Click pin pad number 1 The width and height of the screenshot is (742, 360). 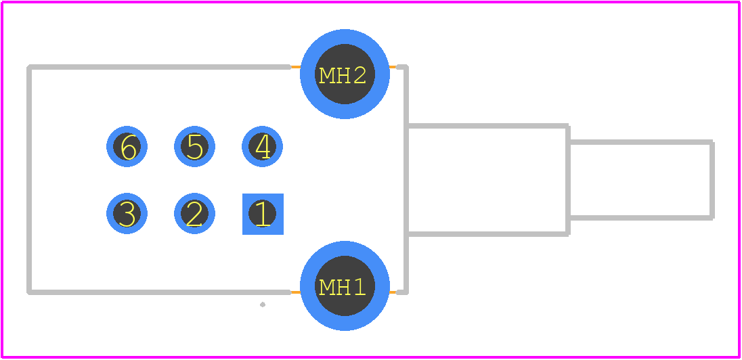[x=263, y=214]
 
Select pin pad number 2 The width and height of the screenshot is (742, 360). [x=194, y=214]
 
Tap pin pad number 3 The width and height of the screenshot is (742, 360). [x=127, y=214]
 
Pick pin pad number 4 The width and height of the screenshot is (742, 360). [x=262, y=147]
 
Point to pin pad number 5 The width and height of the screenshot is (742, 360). [x=194, y=147]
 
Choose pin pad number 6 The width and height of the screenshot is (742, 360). [x=127, y=147]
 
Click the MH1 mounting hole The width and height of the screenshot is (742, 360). [x=345, y=286]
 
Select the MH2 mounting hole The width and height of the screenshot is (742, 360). [x=345, y=74]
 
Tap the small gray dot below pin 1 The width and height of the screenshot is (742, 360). [x=263, y=305]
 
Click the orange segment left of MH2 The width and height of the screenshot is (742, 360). [x=295, y=67]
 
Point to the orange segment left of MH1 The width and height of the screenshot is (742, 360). [x=295, y=292]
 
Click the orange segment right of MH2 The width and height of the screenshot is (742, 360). [x=393, y=67]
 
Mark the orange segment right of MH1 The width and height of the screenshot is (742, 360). [x=393, y=292]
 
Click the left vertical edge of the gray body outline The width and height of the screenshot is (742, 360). [x=29, y=180]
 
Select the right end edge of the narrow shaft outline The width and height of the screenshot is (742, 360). [x=712, y=180]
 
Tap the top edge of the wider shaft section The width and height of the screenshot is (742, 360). [x=488, y=126]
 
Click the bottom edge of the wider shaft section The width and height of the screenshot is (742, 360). [x=488, y=233]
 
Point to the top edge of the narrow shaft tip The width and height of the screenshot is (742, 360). [x=640, y=142]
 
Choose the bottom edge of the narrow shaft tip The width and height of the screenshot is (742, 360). [x=640, y=218]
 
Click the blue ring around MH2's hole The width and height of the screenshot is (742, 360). [x=345, y=36]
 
